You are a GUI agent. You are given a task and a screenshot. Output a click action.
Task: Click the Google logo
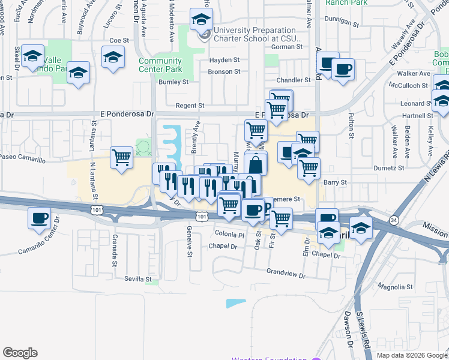(20, 353)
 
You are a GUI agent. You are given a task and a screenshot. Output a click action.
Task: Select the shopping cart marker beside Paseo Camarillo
(122, 158)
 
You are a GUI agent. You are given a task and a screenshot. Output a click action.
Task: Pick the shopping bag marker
(256, 164)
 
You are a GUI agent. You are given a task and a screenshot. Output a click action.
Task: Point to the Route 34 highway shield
(394, 220)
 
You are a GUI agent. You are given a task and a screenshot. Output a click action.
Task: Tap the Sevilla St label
(138, 279)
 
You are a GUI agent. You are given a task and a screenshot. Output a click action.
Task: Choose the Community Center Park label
(160, 65)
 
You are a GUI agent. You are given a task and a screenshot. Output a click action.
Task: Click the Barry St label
(335, 182)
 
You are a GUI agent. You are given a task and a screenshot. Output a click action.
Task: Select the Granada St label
(115, 247)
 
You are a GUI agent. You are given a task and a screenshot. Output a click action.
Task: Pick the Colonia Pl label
(229, 235)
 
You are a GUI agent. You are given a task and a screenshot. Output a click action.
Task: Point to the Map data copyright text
(412, 355)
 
